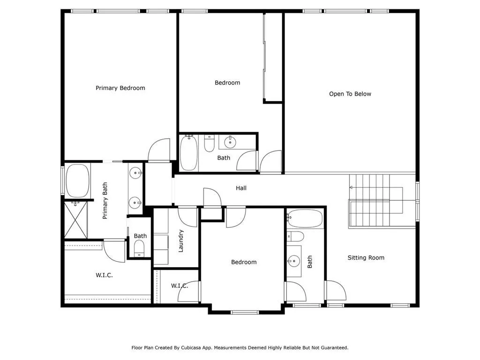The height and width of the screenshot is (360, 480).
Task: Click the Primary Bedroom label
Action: tap(120, 88)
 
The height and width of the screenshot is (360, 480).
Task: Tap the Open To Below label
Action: tap(350, 94)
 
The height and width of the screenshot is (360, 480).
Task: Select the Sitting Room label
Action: tap(366, 258)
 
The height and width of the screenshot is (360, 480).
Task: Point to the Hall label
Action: tap(241, 188)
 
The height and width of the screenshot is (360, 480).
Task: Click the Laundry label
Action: tap(181, 240)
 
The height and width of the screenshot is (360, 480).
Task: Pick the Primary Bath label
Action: tap(105, 201)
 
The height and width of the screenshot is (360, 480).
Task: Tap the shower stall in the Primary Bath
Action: tap(75, 220)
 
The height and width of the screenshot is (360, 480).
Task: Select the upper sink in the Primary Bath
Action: tap(135, 173)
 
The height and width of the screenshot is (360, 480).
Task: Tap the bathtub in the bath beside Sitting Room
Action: tap(305, 219)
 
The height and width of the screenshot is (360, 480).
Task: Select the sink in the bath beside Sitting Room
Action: tap(294, 260)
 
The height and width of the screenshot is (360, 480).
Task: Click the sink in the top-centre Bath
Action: tap(230, 142)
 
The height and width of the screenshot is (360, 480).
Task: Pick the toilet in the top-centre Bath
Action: tap(210, 143)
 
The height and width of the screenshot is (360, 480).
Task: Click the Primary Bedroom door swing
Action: tap(159, 150)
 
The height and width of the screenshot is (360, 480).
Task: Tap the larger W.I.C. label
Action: tap(104, 275)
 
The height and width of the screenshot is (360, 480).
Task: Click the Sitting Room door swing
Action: tap(336, 291)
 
